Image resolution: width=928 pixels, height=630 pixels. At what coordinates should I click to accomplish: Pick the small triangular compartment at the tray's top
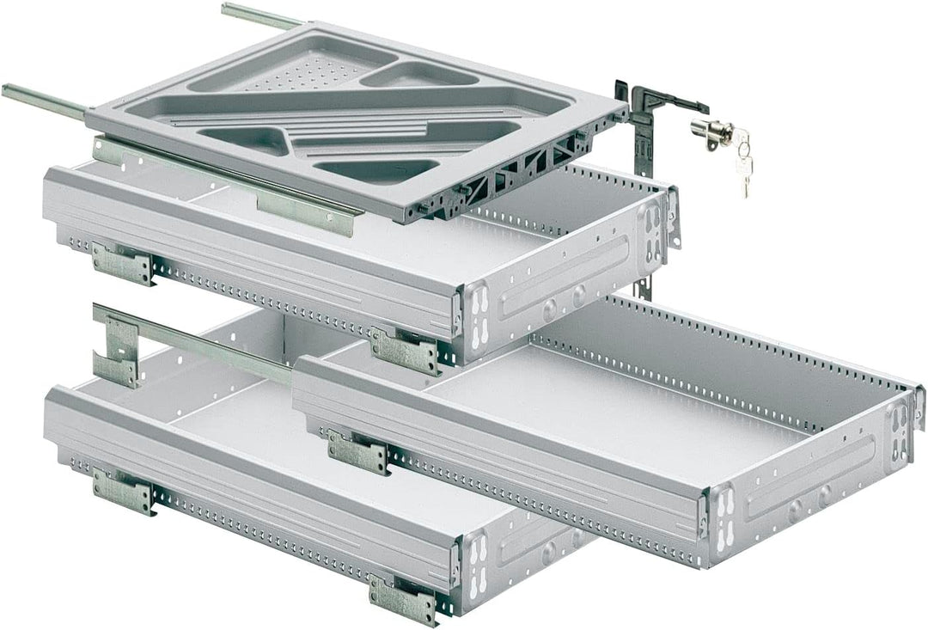pyautogui.click(x=418, y=75)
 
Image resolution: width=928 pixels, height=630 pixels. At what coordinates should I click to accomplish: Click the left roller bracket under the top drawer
pyautogui.click(x=123, y=262)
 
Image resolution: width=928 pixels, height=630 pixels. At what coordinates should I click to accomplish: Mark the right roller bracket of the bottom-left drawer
pyautogui.click(x=402, y=599)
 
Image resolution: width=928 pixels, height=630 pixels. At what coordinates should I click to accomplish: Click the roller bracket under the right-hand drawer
pyautogui.click(x=357, y=452)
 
